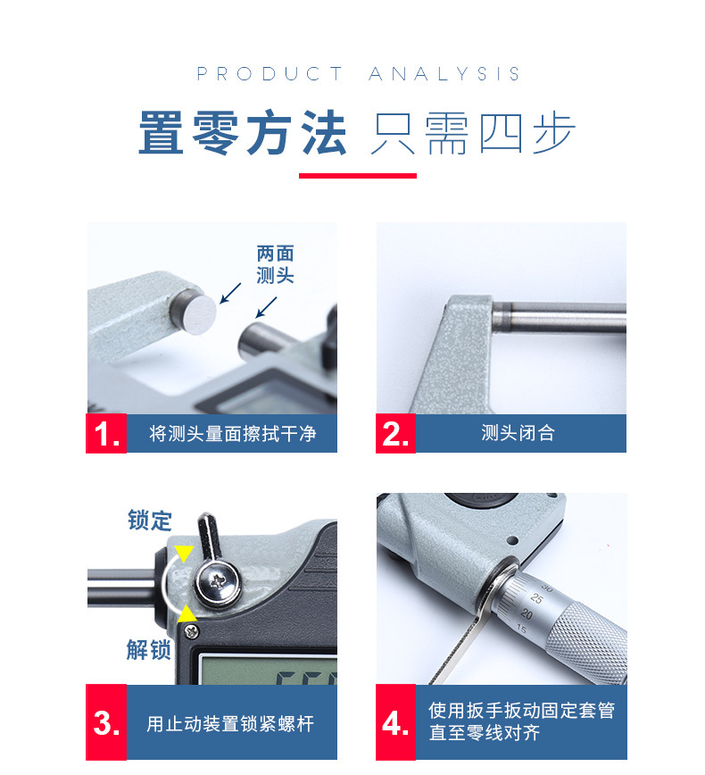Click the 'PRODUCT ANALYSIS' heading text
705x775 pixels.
[358, 73]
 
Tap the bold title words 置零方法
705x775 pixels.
[243, 133]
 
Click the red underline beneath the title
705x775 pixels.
[358, 176]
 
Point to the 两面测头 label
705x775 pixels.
[275, 264]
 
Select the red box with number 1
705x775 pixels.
[106, 433]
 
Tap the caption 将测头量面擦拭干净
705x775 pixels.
[232, 433]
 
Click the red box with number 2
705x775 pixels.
[395, 433]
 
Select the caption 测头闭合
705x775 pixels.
[518, 433]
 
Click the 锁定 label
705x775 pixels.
[149, 520]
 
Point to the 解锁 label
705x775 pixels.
[148, 649]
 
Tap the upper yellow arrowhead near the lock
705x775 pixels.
[184, 553]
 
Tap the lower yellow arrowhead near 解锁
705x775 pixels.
[187, 613]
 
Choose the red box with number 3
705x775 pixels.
[106, 722]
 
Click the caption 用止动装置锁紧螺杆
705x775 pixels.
[230, 723]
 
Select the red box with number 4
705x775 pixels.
[395, 722]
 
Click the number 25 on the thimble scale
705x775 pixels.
[536, 598]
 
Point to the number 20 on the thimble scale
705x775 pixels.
[527, 614]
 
